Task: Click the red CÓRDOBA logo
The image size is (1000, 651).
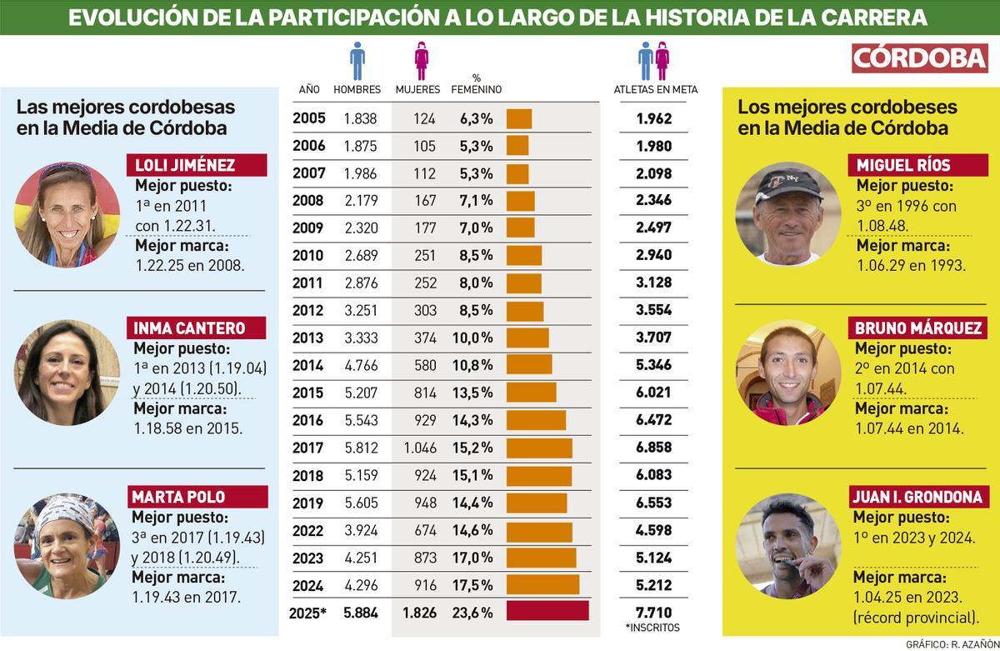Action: click(920, 58)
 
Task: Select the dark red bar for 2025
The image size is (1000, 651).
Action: click(547, 611)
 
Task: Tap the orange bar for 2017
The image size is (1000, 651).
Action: click(539, 448)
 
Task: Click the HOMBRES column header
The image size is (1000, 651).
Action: click(357, 89)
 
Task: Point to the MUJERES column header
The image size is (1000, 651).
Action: click(417, 89)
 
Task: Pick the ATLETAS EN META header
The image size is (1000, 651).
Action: click(655, 89)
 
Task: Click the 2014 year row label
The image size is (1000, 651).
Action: click(308, 365)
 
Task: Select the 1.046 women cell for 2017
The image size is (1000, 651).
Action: click(420, 448)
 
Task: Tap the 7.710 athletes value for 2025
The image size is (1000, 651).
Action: click(653, 612)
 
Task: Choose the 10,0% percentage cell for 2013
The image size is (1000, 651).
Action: click(476, 338)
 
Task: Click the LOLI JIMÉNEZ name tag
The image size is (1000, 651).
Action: click(196, 165)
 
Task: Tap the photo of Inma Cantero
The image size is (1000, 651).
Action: click(67, 373)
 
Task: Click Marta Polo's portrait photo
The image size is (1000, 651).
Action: click(67, 545)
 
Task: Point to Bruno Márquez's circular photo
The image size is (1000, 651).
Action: click(787, 373)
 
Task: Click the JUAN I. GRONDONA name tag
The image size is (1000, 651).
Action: click(913, 498)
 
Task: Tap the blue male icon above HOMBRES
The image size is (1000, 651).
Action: click(357, 61)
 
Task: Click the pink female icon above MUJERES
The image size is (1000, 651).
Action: click(421, 61)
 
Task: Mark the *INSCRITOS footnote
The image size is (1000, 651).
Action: click(652, 628)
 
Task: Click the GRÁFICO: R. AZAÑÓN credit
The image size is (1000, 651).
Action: click(950, 644)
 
